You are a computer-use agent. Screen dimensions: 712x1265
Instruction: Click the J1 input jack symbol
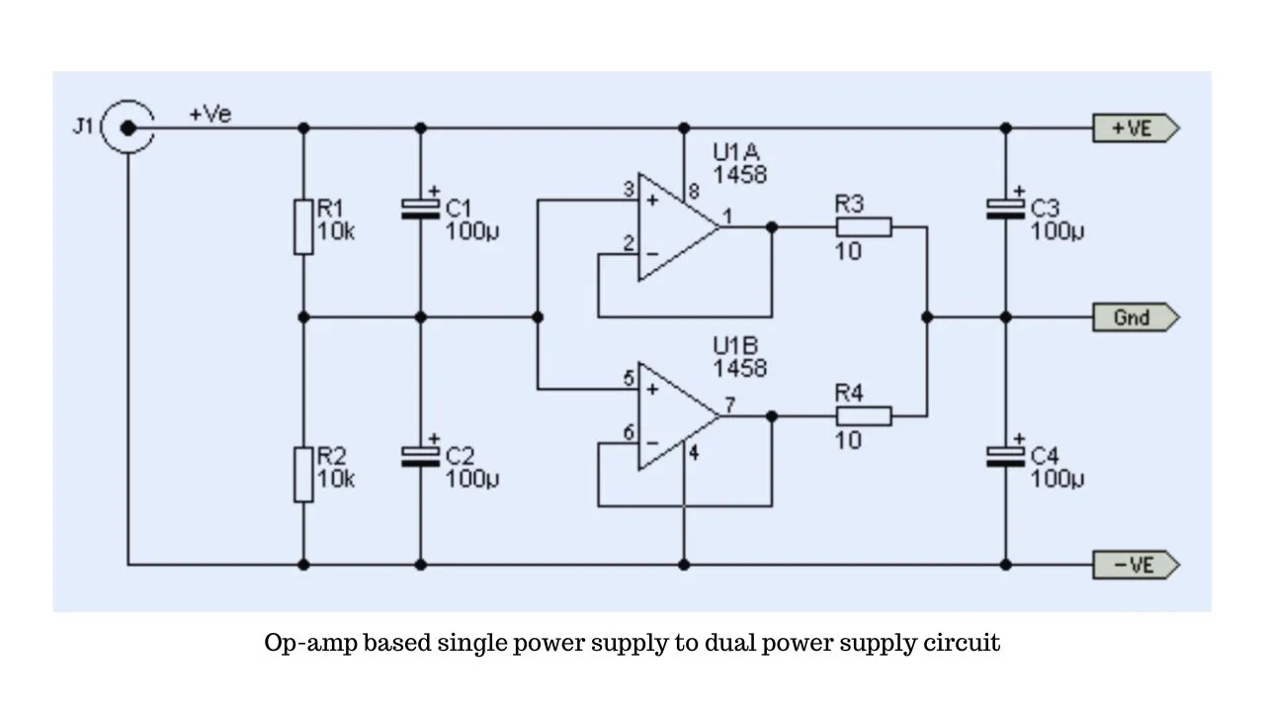point(127,128)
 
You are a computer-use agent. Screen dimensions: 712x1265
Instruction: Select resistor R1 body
point(303,226)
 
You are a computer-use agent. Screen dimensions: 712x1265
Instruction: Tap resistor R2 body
point(303,474)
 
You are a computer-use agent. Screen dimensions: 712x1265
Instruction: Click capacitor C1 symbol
point(420,207)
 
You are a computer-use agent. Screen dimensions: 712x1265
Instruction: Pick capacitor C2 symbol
point(420,454)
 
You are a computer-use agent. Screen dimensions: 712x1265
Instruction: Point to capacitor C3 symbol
point(1005,207)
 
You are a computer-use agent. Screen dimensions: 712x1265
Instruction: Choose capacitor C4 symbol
point(1005,454)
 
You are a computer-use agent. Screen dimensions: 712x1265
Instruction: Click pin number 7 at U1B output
point(728,404)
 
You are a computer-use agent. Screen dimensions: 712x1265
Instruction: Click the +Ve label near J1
point(210,115)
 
